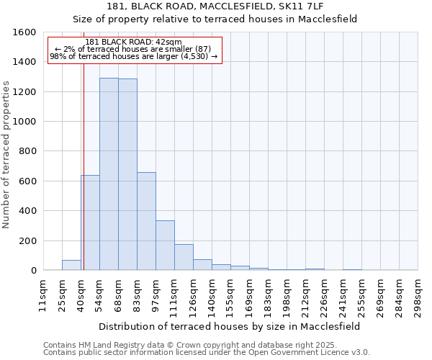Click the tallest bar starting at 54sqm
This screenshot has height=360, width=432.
109,174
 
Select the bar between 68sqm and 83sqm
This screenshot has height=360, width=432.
127,175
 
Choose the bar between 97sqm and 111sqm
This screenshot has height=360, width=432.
165,246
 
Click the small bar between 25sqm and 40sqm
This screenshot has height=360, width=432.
71,265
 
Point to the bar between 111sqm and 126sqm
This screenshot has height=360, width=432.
184,257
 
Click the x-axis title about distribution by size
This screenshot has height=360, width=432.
230,326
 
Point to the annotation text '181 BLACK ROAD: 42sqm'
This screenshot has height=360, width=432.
133,42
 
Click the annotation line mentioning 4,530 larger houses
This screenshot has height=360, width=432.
133,56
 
